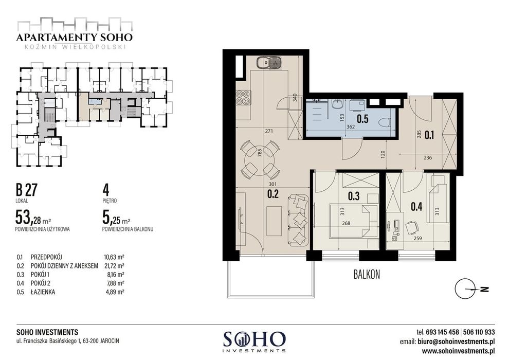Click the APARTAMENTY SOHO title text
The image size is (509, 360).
[x=74, y=37]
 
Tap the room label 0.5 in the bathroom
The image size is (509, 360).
[x=363, y=119]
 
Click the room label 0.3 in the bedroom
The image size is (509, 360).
[x=353, y=196]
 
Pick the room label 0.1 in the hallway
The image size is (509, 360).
[x=430, y=136]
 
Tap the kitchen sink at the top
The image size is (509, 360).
[x=269, y=63]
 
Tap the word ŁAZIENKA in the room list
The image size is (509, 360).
[x=45, y=291]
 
